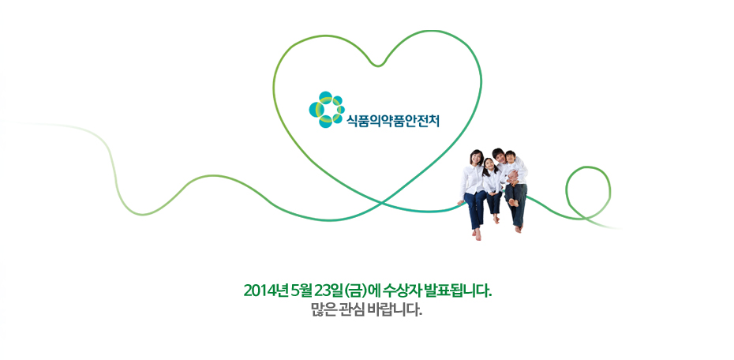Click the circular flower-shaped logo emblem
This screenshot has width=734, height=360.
327,110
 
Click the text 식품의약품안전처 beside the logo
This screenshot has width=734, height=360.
393,122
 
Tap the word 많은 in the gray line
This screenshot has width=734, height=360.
321,310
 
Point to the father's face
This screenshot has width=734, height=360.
500,156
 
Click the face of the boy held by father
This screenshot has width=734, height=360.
510,157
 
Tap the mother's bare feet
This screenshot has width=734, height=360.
476,234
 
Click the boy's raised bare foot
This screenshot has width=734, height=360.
514,202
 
